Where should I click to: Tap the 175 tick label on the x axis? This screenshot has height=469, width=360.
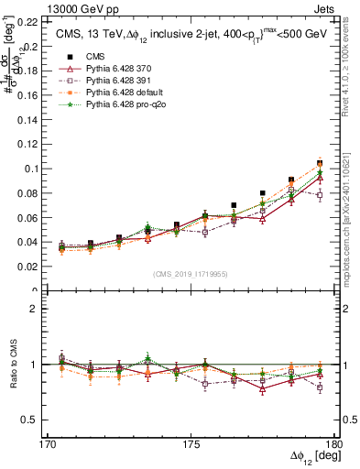point(191,443)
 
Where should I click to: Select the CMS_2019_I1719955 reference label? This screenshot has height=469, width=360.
point(191,275)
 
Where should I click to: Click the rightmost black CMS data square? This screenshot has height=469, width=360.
point(320,162)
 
